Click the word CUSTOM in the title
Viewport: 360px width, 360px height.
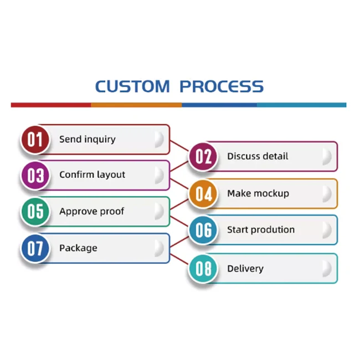(132, 86)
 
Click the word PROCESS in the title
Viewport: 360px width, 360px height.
(222, 86)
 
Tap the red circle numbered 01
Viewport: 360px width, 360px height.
(35, 140)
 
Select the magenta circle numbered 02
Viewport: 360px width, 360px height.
(203, 157)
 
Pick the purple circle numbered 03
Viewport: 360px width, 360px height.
(35, 175)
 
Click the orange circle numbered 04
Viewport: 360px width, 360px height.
(203, 194)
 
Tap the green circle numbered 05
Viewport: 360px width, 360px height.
(35, 212)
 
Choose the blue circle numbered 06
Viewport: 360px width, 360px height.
(203, 230)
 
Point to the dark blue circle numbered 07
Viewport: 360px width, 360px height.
(35, 248)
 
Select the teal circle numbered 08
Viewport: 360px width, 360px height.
(203, 269)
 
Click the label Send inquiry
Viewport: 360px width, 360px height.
(88, 140)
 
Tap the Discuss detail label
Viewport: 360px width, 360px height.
(258, 156)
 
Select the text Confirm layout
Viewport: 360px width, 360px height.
(92, 175)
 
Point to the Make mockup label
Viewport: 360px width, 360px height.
(258, 194)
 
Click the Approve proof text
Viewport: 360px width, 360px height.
(92, 212)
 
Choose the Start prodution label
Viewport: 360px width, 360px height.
(261, 230)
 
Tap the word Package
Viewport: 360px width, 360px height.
(78, 248)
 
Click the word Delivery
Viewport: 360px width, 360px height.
(245, 269)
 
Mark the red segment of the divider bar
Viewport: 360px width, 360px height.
(51, 105)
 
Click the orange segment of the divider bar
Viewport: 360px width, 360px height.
(136, 105)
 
